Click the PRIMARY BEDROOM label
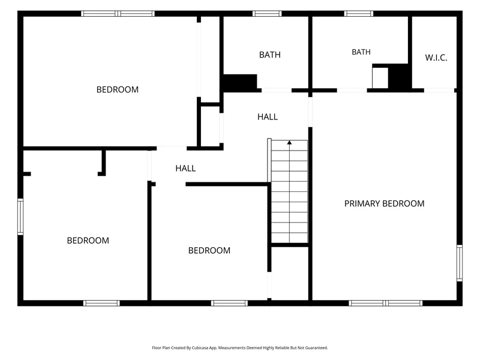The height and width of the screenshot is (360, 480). tap(384, 203)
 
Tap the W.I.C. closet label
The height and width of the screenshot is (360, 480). tap(436, 58)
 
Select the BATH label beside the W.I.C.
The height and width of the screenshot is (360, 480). tap(361, 52)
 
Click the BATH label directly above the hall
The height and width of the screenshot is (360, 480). tap(269, 55)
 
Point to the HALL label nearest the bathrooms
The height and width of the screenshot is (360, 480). tap(268, 116)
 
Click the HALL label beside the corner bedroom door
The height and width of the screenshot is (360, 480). tap(185, 168)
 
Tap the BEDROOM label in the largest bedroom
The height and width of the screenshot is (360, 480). tap(118, 89)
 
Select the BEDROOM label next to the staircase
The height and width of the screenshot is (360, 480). tap(209, 250)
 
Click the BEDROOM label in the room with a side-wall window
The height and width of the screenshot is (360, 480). tap(88, 241)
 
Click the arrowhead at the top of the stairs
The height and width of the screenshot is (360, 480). tap(289, 142)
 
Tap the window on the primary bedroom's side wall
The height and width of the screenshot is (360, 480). tap(460, 263)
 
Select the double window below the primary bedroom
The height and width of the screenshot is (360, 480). tap(386, 303)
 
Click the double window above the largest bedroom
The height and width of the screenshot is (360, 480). tap(118, 13)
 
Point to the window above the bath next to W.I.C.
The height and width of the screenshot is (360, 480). tap(358, 13)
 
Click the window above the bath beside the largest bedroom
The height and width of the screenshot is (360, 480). tap(267, 13)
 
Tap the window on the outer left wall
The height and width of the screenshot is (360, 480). tap(20, 217)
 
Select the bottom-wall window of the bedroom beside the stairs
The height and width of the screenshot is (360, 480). tap(229, 303)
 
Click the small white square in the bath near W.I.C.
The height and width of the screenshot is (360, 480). tap(380, 78)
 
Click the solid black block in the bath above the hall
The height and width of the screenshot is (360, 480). tap(241, 82)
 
